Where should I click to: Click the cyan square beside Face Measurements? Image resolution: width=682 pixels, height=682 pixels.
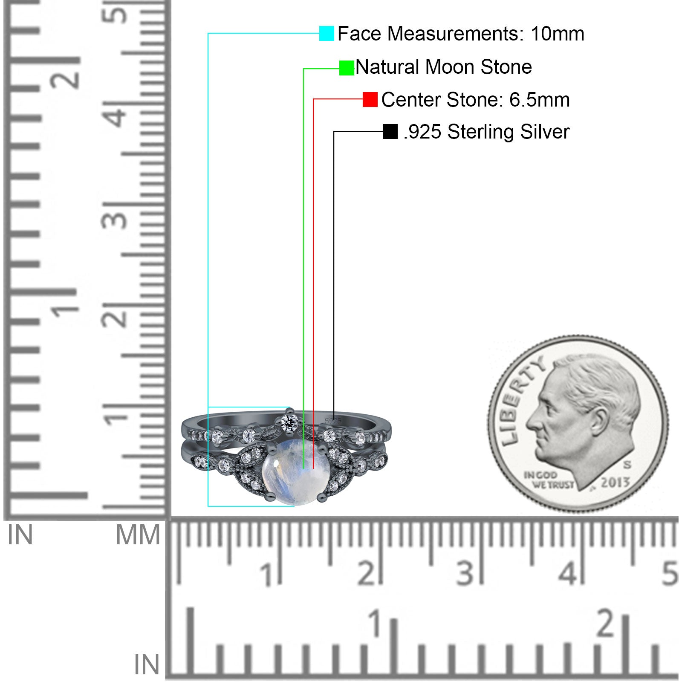(327, 33)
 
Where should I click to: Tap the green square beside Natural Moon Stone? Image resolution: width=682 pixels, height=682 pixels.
(347, 68)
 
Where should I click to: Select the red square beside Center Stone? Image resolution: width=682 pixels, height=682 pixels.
(370, 99)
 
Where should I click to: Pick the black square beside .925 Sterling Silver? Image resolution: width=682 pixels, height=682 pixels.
(390, 132)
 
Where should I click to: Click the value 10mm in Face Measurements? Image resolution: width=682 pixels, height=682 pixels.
(557, 34)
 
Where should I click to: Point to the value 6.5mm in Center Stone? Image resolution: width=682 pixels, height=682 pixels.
(539, 100)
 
